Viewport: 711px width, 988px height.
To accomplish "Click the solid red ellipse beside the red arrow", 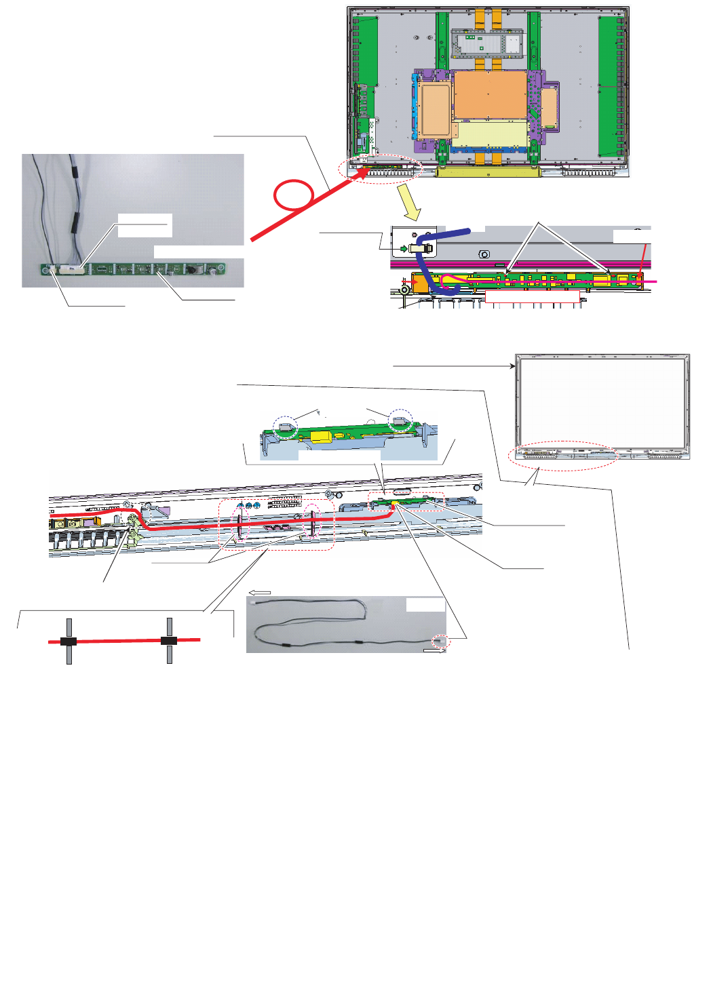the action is [x=293, y=195].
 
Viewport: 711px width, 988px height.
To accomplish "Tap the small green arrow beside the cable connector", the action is [x=404, y=249].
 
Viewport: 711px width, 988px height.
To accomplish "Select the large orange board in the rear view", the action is [x=490, y=94].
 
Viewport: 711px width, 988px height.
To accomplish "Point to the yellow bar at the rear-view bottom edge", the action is [x=488, y=172].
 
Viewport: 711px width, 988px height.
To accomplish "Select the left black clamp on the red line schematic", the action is [x=69, y=641].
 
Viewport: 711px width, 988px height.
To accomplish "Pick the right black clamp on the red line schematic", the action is [x=169, y=640].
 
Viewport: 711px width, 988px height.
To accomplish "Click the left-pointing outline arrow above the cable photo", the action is [x=260, y=592].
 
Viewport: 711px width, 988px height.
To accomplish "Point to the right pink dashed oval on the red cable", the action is [x=312, y=521].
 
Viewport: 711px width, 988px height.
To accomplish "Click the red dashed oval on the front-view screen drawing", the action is [x=564, y=456].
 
